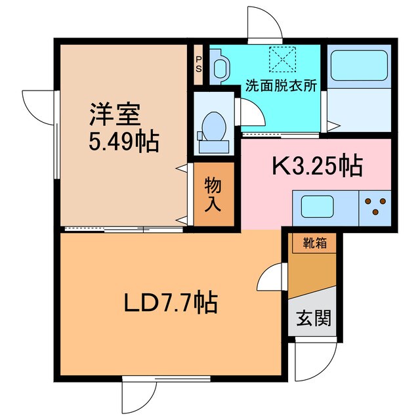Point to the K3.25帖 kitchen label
point(317,167)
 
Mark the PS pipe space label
point(199,65)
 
